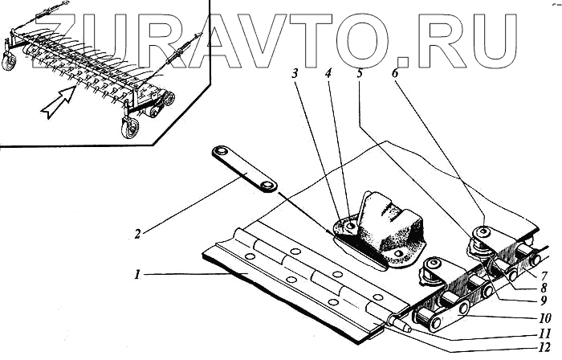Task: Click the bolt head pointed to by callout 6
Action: click(x=484, y=234)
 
